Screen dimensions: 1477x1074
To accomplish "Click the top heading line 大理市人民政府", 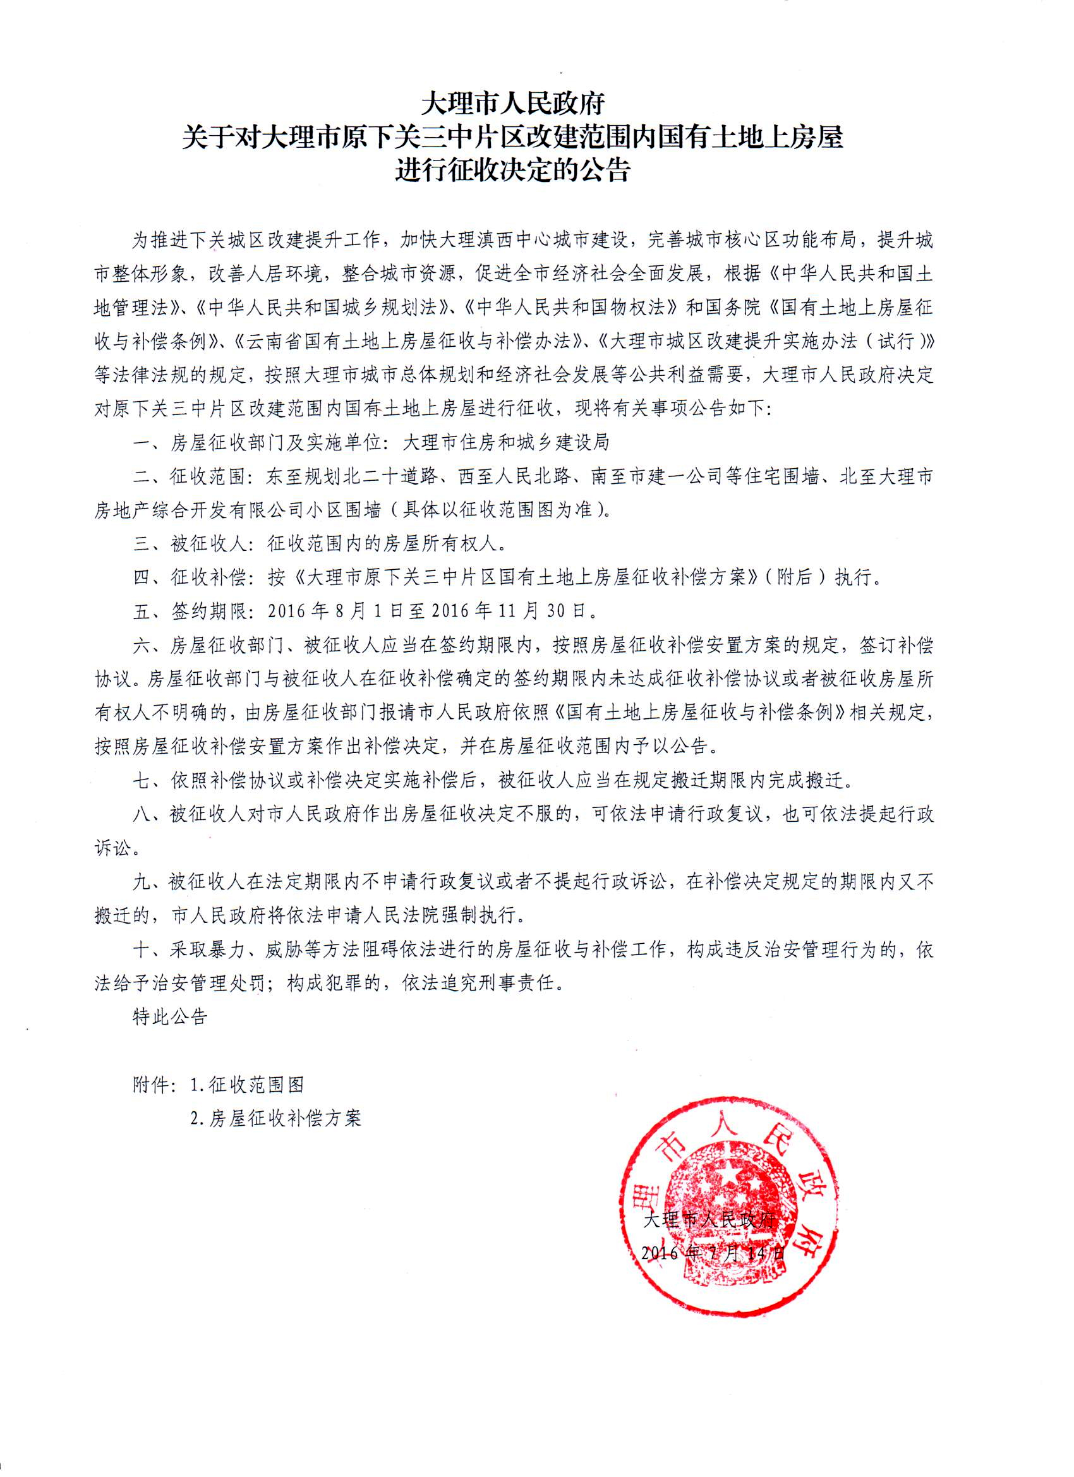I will tap(513, 103).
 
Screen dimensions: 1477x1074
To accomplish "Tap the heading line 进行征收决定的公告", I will tap(513, 171).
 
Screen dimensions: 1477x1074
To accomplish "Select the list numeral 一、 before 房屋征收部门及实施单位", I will tap(149, 443).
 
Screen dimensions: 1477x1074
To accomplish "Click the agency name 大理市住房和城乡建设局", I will tap(506, 443).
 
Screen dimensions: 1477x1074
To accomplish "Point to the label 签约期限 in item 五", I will tap(209, 612).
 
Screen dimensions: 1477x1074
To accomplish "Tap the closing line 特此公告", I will tap(170, 1016).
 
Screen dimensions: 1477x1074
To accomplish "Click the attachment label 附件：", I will tap(154, 1085).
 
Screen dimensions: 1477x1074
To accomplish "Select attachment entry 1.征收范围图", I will tap(247, 1085).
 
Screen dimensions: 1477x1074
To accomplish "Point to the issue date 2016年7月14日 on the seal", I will tap(713, 1252).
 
